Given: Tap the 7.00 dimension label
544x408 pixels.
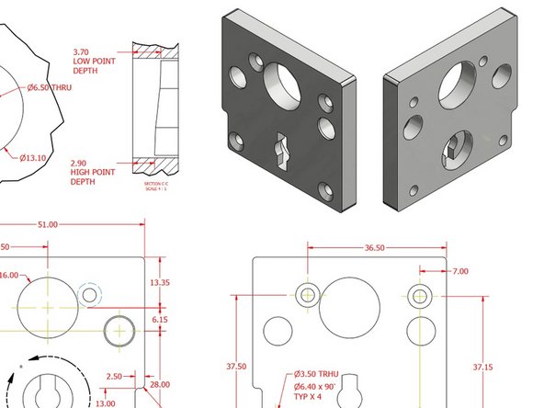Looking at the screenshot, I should point(459,271).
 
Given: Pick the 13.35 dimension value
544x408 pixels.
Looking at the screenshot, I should point(160,282).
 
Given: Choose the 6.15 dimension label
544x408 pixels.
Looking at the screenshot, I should point(160,319).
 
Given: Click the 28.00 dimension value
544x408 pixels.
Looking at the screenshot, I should point(160,384).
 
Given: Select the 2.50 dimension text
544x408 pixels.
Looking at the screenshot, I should point(114,376).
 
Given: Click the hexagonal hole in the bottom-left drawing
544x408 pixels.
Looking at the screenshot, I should point(90,294).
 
